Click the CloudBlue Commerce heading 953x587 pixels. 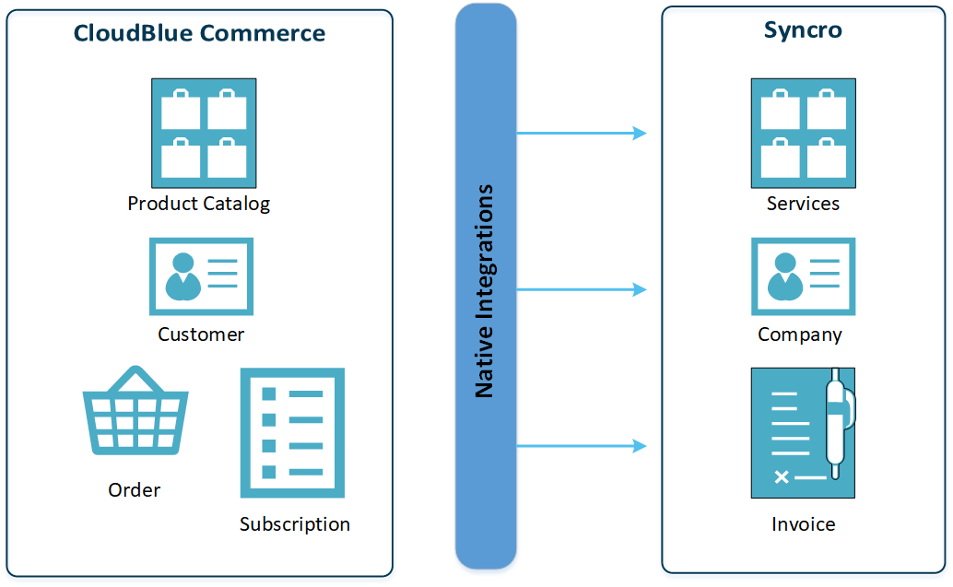point(199,34)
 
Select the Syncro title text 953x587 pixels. point(803,29)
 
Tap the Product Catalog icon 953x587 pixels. point(204,133)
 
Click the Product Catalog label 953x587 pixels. point(199,204)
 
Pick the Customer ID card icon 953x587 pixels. point(201,276)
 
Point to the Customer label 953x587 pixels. point(201,335)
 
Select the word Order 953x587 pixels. point(135,490)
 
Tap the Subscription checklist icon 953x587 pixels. point(292,433)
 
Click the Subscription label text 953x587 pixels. point(295,524)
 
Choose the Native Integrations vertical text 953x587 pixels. point(485,291)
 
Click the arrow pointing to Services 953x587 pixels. point(581,134)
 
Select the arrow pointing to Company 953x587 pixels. point(581,290)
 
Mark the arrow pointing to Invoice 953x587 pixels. point(581,447)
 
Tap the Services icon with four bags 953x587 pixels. point(804,133)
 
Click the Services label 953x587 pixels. point(803,204)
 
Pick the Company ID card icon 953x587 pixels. point(803,276)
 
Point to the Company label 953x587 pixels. point(800,335)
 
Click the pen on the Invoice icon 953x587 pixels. point(837,424)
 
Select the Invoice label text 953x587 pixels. point(804,524)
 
